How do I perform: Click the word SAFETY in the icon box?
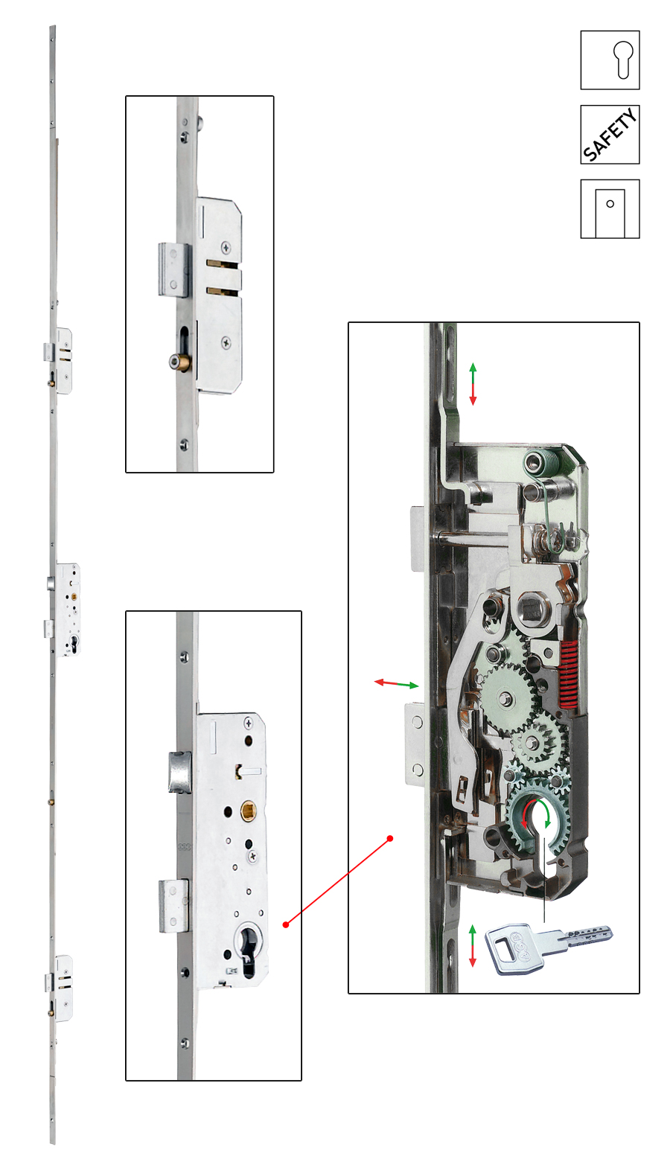point(610,134)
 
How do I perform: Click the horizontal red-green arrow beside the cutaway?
point(397,683)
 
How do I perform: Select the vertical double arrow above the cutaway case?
point(473,383)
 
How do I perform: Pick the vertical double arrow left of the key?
point(472,945)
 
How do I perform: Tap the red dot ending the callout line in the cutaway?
point(390,838)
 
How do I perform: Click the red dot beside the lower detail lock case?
point(286,924)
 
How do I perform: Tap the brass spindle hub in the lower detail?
point(248,811)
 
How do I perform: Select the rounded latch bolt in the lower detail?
point(179,772)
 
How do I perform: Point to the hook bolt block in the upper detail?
point(174,270)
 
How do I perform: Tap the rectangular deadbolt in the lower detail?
point(173,906)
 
